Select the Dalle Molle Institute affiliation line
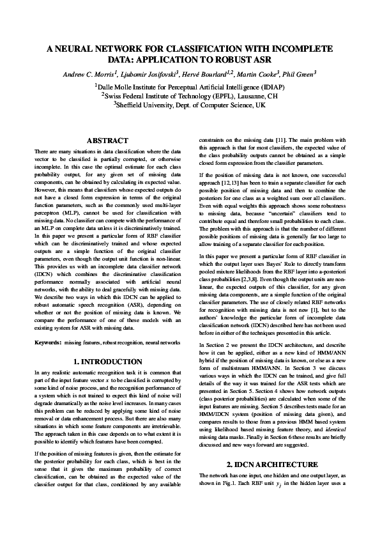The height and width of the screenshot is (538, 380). click(190, 86)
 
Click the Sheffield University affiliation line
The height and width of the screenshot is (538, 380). click(190, 105)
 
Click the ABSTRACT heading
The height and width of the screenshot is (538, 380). click(107, 141)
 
